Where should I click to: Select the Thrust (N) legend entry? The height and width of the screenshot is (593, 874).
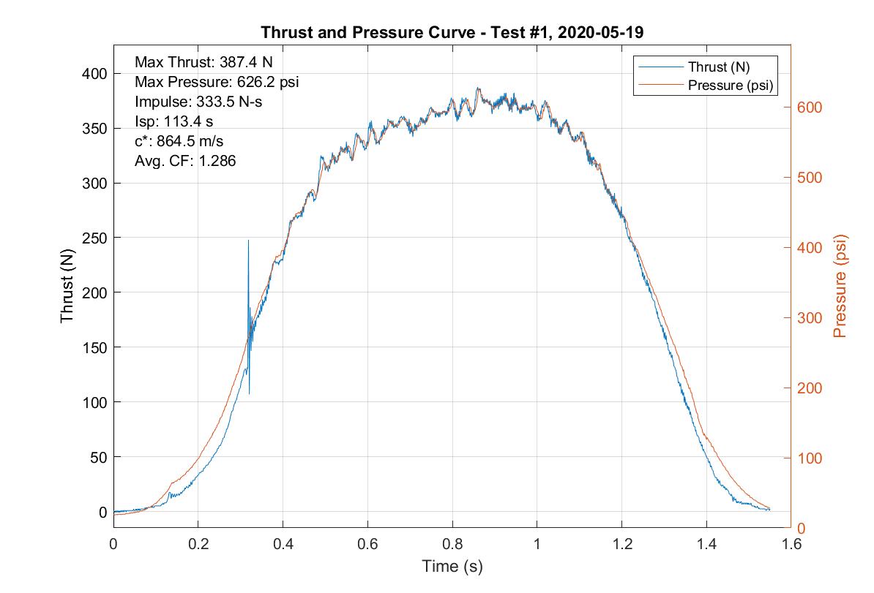(718, 67)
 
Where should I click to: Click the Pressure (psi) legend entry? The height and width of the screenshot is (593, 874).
(731, 85)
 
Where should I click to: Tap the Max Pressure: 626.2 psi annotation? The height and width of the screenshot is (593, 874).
(217, 82)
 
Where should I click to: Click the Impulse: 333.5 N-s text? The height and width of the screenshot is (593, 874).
(198, 102)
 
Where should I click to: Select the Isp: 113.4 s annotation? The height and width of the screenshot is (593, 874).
(173, 121)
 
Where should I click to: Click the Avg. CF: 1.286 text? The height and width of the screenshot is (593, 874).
(185, 161)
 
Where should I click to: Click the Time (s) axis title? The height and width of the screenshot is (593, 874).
(452, 566)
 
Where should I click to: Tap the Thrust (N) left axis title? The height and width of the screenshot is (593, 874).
(67, 292)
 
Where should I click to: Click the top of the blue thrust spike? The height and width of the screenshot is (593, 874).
(248, 241)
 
